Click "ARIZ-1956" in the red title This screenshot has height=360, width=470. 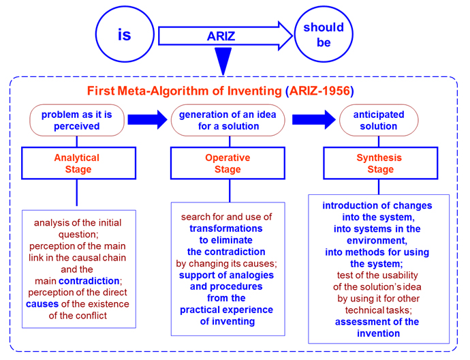point(319,91)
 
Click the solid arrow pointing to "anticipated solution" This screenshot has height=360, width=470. point(314,120)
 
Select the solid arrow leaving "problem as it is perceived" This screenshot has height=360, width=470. point(148,120)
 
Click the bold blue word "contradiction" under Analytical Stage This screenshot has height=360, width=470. point(89,281)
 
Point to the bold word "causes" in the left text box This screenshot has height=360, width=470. point(42,304)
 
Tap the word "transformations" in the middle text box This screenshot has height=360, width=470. point(226,228)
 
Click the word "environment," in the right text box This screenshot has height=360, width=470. point(377,241)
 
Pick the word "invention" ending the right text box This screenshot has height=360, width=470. point(378,333)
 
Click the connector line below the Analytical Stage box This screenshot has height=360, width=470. point(77,192)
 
